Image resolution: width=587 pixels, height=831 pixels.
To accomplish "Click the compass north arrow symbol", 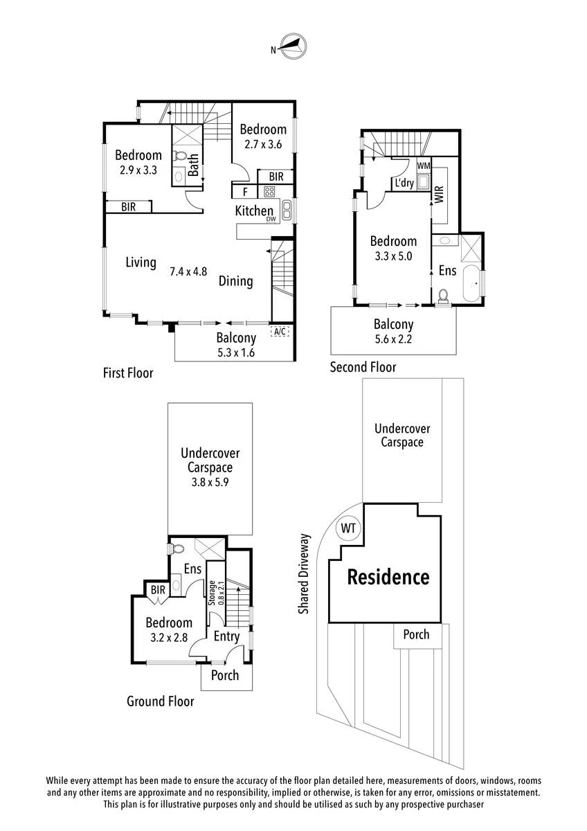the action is coord(293,46).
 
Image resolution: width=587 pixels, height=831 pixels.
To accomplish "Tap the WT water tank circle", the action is coord(347,528).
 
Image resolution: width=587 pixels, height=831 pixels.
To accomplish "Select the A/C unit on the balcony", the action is coord(280,330).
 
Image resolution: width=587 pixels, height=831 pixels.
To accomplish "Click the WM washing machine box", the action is coord(424,166).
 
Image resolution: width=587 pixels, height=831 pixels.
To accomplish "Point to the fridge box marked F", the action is coord(245,192).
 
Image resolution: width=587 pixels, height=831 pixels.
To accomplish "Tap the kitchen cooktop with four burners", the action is coord(269,192).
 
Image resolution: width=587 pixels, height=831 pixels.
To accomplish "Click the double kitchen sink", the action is coord(287,210).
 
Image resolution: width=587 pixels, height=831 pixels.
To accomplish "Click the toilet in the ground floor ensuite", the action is coord(177,548).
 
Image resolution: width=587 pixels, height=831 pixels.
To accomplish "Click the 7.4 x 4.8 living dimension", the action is coord(188,271).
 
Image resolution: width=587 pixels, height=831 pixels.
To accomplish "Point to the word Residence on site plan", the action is coord(388,577).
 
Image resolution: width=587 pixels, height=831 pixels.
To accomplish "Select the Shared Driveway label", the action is coord(304,573).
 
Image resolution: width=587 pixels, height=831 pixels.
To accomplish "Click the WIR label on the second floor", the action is coord(439,194).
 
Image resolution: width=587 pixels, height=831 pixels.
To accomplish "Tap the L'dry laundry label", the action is coord(404,183).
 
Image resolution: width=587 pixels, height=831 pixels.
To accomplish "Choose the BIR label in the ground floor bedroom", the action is coord(158,589).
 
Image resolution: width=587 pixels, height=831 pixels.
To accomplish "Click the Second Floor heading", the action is coord(363,367).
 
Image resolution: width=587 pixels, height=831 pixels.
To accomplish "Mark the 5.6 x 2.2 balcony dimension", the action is coord(393,339).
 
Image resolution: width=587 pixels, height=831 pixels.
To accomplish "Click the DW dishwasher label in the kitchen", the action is coord(272,219).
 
